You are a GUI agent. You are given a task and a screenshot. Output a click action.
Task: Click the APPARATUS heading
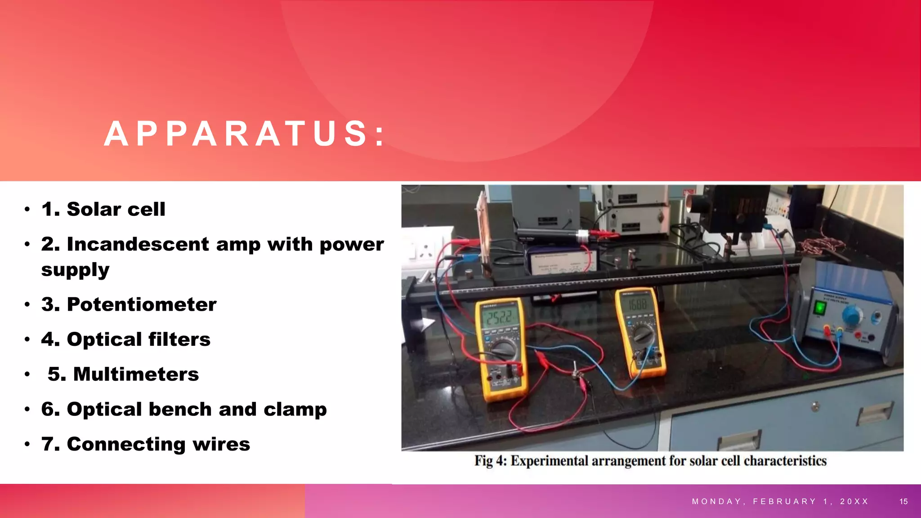point(245,134)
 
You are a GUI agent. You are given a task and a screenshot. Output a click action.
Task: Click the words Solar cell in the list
point(116,209)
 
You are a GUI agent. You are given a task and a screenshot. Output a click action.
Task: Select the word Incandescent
point(138,244)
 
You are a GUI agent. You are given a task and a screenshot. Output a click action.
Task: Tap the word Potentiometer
point(142,304)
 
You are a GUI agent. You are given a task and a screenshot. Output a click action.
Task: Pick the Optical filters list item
point(126,339)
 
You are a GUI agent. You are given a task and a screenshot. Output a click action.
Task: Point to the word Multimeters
point(136,374)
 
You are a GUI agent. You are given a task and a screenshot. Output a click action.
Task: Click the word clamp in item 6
point(295,409)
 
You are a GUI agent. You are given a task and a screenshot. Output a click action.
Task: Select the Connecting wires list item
point(145,444)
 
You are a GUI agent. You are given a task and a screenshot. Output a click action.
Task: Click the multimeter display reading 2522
point(498,318)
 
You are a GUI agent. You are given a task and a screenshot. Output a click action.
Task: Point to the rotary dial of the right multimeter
point(643,334)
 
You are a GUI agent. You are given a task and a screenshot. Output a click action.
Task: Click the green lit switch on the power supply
point(820,308)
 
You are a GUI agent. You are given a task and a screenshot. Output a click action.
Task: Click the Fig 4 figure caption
point(650,461)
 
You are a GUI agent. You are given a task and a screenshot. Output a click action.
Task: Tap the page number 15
point(903,501)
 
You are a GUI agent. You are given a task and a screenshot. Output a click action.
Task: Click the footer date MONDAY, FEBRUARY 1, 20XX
point(780,501)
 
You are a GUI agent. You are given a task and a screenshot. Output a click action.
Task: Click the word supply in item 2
point(75,270)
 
